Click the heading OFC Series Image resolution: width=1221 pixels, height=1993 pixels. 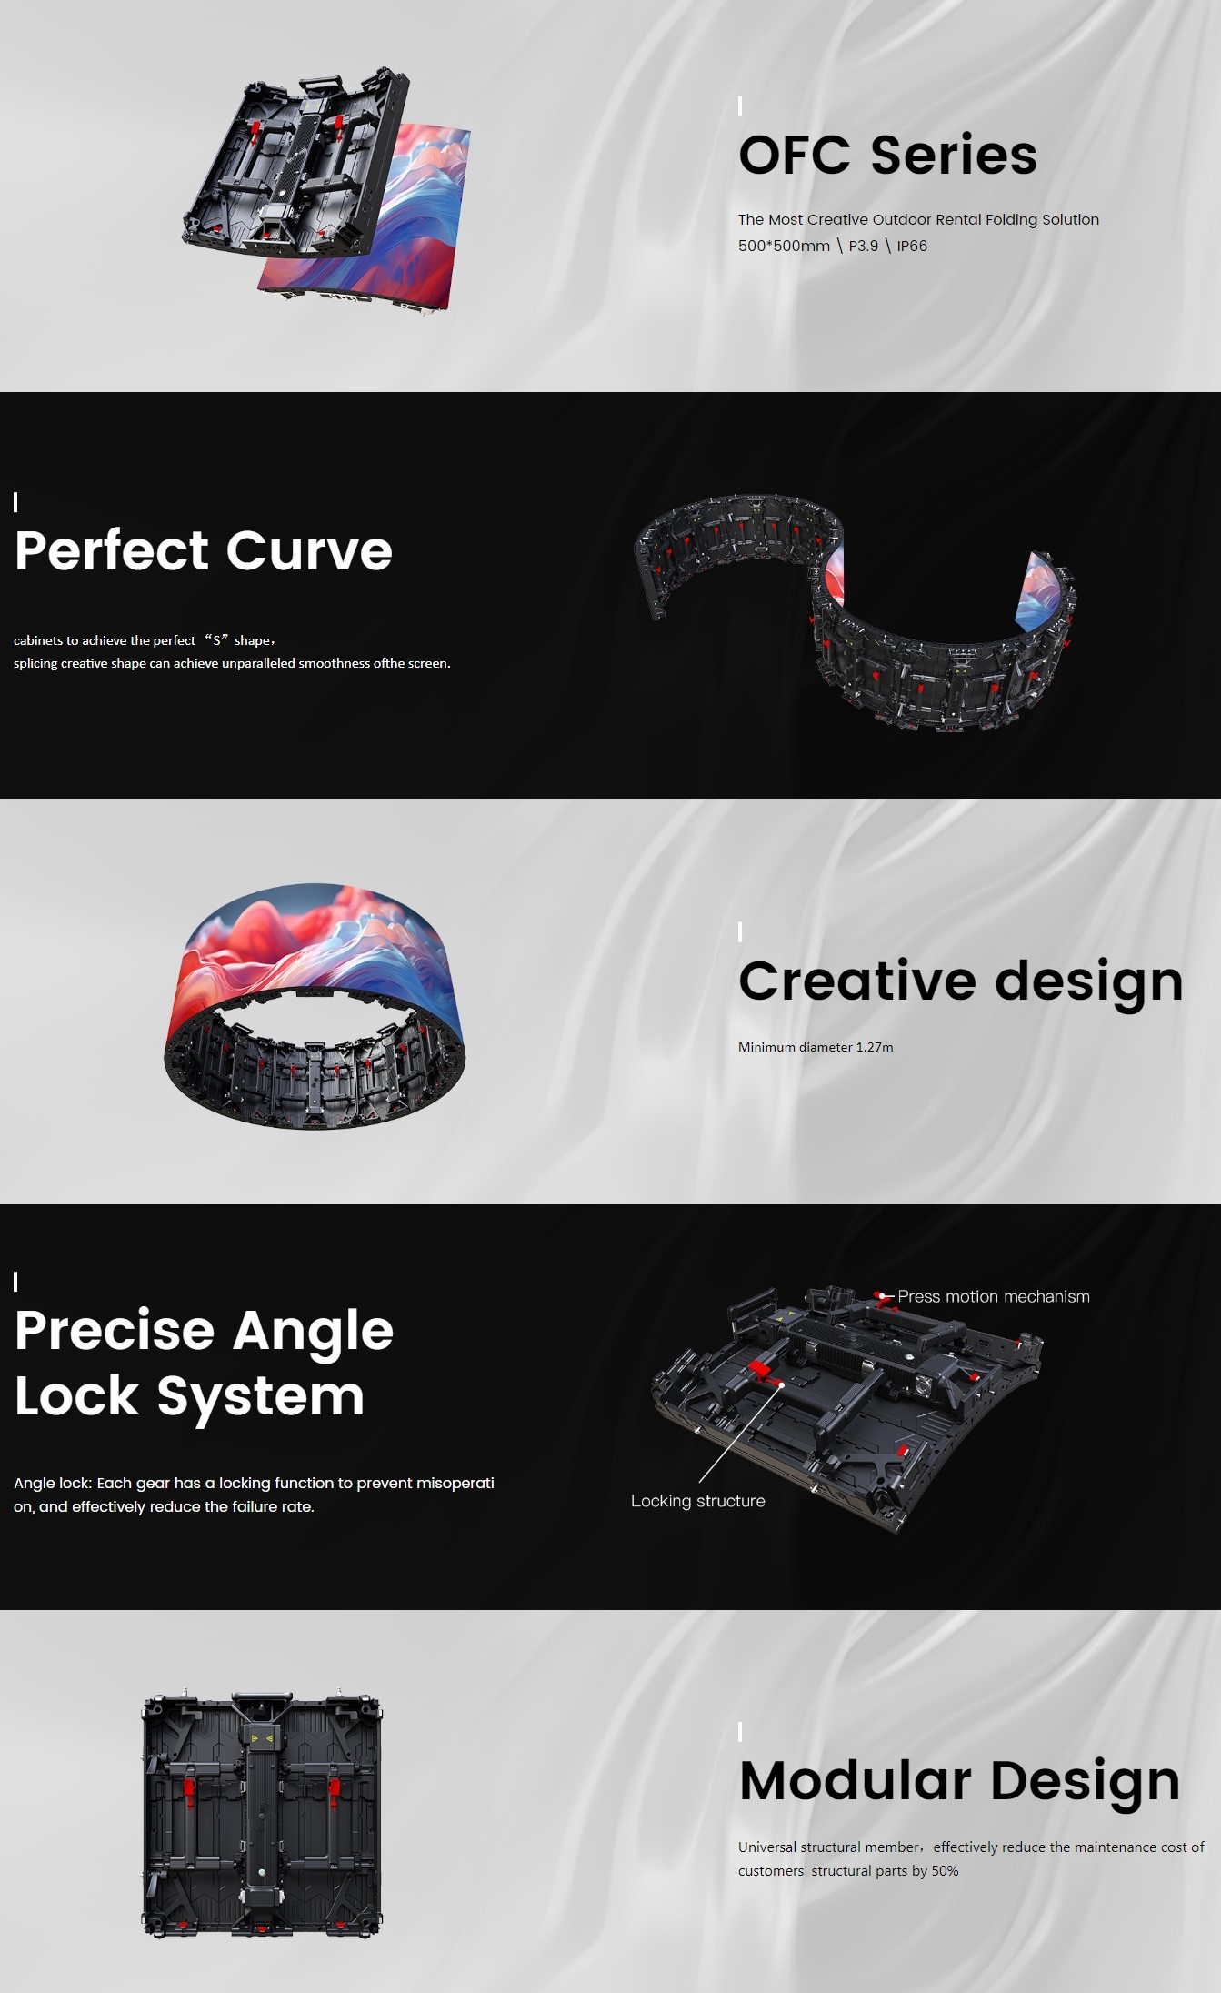click(887, 155)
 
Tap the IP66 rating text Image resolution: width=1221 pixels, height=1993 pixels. click(912, 246)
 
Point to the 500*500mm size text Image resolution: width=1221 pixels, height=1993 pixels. click(784, 246)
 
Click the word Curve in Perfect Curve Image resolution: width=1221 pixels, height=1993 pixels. click(309, 550)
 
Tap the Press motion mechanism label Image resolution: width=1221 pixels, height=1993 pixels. click(994, 1296)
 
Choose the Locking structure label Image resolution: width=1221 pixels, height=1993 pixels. click(698, 1501)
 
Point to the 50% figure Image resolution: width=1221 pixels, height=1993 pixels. click(945, 1871)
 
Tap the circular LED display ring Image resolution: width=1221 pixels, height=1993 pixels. click(315, 1006)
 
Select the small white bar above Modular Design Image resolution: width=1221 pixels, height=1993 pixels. click(740, 1731)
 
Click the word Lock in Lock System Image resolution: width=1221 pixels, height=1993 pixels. click(76, 1396)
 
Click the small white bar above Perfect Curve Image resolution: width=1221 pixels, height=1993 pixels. click(15, 502)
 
